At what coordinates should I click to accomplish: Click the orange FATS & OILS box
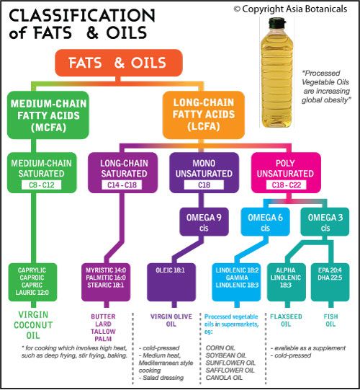click(119, 63)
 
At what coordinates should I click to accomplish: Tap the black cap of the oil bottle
click(276, 22)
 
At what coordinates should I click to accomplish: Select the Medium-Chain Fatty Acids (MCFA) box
click(48, 115)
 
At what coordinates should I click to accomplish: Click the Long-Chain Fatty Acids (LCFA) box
click(204, 115)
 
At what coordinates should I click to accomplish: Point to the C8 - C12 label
click(41, 185)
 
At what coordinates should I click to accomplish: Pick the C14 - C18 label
click(122, 185)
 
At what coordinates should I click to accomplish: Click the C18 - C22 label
click(287, 185)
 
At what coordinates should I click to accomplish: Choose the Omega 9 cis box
click(204, 222)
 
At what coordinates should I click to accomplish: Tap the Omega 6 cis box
click(265, 222)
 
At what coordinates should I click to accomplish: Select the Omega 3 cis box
click(325, 222)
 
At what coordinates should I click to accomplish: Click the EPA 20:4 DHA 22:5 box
click(330, 282)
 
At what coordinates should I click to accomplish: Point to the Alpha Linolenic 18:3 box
click(286, 282)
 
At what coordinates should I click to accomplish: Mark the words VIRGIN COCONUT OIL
click(33, 325)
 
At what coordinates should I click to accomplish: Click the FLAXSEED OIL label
click(286, 320)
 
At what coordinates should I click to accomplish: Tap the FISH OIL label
click(330, 320)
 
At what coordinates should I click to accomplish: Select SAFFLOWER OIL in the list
click(230, 370)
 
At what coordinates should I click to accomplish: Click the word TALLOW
click(103, 332)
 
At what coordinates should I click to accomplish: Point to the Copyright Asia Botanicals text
click(290, 9)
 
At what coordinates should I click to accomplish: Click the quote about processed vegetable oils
click(326, 87)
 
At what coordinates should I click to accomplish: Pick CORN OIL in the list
click(220, 348)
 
